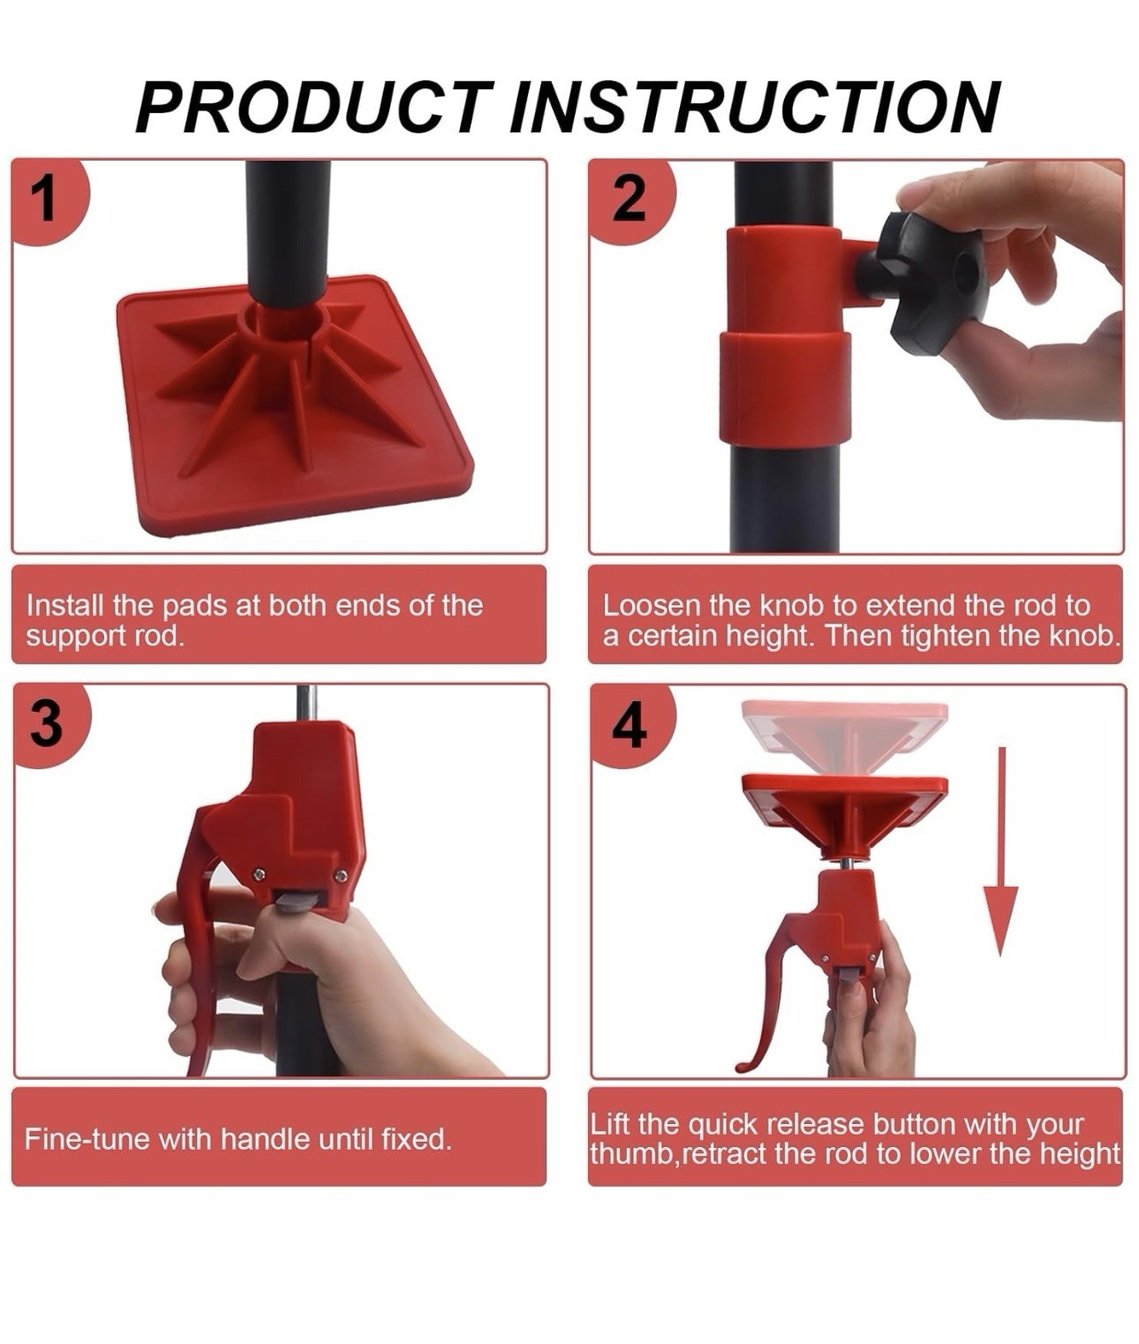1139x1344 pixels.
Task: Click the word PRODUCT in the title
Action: click(x=314, y=107)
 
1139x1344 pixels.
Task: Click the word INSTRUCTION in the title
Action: click(x=756, y=107)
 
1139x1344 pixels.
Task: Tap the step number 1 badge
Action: click(x=48, y=200)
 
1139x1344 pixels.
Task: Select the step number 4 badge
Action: click(x=630, y=724)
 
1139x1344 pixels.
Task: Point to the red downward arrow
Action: click(x=1000, y=852)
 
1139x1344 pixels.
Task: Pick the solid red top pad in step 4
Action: click(x=844, y=812)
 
